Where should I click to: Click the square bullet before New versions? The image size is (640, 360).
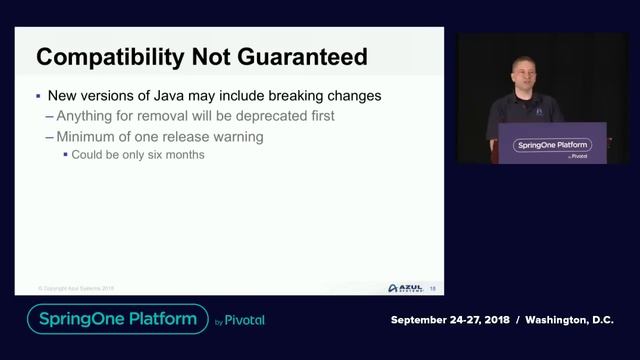pos(37,97)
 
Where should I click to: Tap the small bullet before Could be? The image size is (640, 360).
pos(65,155)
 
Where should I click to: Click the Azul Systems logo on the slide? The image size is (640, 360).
pos(403,288)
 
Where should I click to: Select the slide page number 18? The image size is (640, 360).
pos(432,288)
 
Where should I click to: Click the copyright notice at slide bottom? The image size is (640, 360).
pos(77,288)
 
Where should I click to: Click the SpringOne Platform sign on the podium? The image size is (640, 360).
pos(552,146)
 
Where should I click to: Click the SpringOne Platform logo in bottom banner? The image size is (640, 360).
pos(117,319)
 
